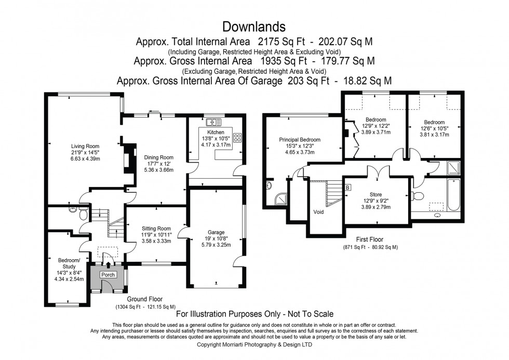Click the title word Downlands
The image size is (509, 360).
[254, 26]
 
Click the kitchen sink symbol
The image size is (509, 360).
[213, 123]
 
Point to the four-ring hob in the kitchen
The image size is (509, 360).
[238, 138]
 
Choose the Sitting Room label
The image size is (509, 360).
[156, 228]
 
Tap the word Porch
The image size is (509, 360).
[108, 275]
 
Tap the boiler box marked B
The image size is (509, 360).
[347, 187]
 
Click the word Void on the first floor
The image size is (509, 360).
[318, 212]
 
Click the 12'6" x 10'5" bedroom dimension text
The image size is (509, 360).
[434, 128]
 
